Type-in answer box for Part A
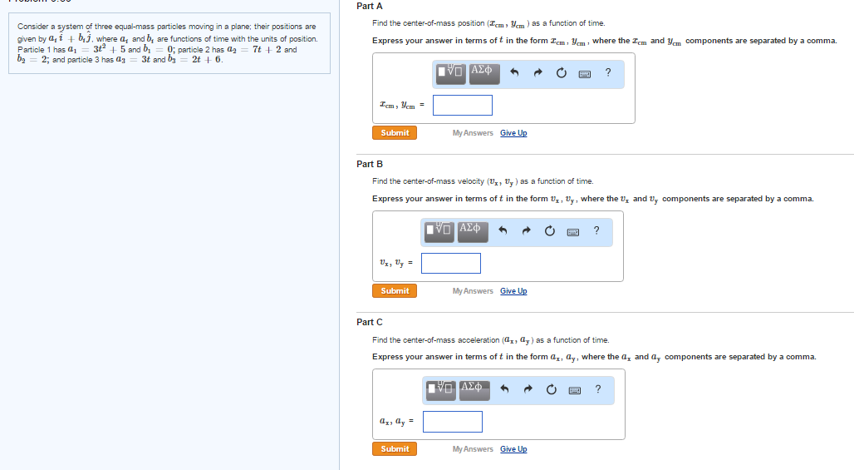(x=462, y=106)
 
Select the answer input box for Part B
(x=451, y=264)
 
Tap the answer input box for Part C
(x=453, y=422)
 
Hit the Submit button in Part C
(x=395, y=449)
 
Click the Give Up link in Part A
(x=513, y=133)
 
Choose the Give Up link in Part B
(x=513, y=291)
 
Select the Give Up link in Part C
(x=513, y=449)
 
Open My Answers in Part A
(x=473, y=133)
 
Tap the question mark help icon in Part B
(x=596, y=231)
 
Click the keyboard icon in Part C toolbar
(x=573, y=389)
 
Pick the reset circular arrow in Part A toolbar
(x=561, y=73)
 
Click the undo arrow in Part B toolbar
(x=503, y=231)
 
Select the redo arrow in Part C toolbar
(x=527, y=389)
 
